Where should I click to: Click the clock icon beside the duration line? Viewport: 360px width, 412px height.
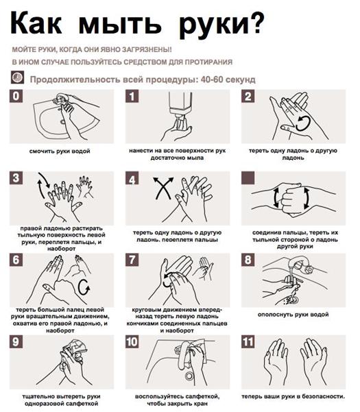click(x=17, y=77)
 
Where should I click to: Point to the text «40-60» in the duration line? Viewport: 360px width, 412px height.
click(x=212, y=80)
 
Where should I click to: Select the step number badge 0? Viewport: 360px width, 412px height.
click(x=16, y=96)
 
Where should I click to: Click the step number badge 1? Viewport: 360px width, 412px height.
click(x=132, y=96)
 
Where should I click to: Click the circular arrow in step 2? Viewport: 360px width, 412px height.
click(x=303, y=123)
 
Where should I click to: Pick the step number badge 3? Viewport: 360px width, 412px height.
click(x=16, y=178)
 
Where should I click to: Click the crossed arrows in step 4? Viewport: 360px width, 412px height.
click(x=163, y=188)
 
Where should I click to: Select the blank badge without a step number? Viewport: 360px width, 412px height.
click(x=248, y=178)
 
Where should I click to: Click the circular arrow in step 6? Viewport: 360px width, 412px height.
click(x=84, y=287)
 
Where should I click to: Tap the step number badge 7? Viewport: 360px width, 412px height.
click(x=132, y=260)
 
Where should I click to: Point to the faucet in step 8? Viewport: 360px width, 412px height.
click(x=300, y=265)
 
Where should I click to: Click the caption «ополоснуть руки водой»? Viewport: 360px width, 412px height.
click(x=293, y=314)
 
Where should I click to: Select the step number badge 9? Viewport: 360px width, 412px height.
click(x=16, y=342)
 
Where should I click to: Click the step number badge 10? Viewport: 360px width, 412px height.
click(x=132, y=342)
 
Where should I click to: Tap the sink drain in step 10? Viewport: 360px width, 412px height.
click(x=189, y=376)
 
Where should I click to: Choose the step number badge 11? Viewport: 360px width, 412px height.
click(x=248, y=342)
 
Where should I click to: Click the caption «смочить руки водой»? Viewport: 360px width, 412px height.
click(x=60, y=151)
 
